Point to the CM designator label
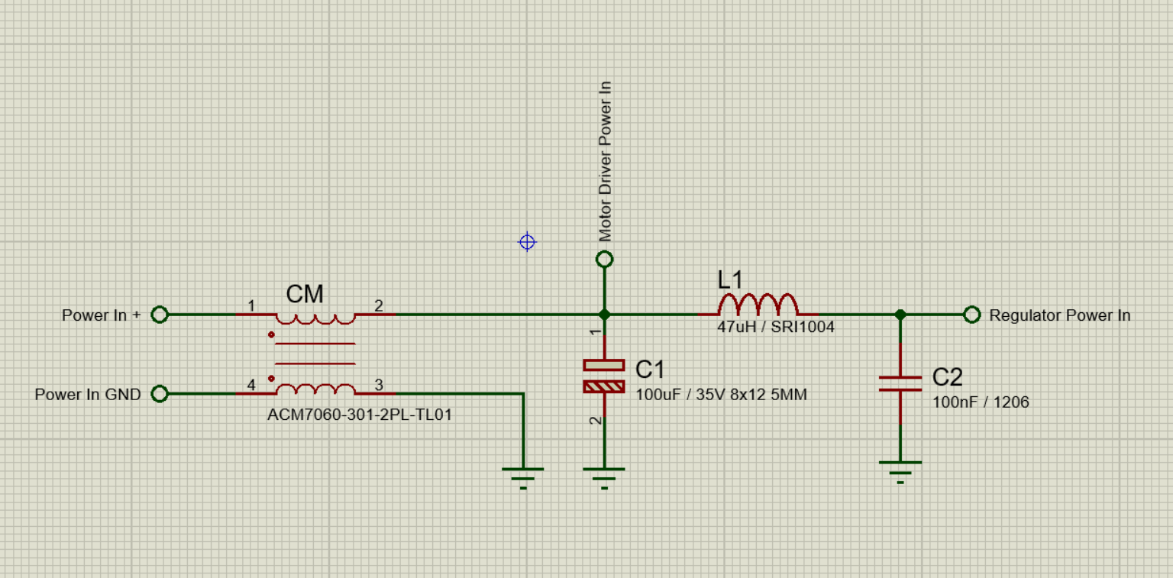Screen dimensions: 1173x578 point(305,294)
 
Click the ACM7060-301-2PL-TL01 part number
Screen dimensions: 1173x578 point(360,415)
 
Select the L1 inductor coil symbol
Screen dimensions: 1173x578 point(758,305)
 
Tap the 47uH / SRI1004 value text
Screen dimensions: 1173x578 point(776,328)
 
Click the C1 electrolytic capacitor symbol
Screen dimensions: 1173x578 point(604,376)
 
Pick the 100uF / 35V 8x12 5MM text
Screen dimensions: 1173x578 point(721,394)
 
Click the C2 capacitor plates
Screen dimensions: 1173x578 point(900,384)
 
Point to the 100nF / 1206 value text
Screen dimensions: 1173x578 point(981,402)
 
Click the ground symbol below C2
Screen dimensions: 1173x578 point(900,472)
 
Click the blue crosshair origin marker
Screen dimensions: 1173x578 point(528,242)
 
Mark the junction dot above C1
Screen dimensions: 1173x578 point(604,315)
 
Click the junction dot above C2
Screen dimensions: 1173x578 point(900,315)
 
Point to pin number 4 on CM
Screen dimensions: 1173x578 point(251,386)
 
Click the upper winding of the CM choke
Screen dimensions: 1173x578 point(315,319)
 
